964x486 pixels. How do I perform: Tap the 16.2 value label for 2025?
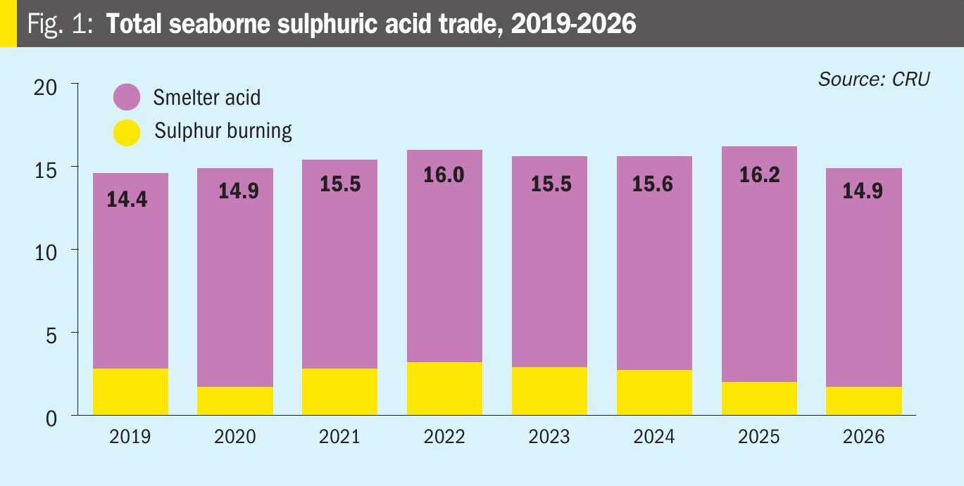point(759,174)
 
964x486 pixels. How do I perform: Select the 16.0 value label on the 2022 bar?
point(444,174)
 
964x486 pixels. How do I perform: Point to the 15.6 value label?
point(654,184)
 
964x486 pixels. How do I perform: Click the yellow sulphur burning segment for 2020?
point(235,401)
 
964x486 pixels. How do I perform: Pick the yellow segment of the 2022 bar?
point(444,388)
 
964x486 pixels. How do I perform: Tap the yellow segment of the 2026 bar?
point(864,401)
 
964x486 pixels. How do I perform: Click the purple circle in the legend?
point(127,97)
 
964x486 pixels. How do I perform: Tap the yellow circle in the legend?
point(127,132)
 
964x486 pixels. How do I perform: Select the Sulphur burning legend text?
point(223,132)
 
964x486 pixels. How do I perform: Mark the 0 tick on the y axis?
point(51,417)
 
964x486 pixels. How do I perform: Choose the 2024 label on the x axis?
point(654,437)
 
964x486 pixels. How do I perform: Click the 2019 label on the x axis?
point(130,437)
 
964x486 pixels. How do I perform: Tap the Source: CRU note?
point(873,79)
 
